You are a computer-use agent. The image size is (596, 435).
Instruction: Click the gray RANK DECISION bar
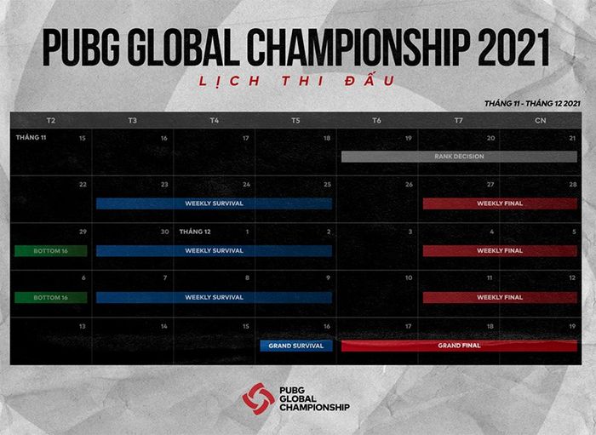click(x=459, y=157)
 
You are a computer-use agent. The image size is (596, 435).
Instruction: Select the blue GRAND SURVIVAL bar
click(x=296, y=346)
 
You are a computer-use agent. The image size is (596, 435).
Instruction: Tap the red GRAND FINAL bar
click(x=459, y=346)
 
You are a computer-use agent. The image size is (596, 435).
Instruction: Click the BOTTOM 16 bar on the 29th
click(x=50, y=251)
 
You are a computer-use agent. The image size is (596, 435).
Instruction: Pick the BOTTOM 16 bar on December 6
click(x=50, y=297)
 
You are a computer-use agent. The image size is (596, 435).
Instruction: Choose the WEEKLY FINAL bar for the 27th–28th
click(x=500, y=203)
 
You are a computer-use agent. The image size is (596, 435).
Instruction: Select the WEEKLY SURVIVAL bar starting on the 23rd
click(x=214, y=203)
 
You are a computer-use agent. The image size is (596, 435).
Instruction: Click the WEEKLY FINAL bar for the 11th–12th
click(x=500, y=297)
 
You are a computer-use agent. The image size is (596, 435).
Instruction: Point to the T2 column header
click(x=51, y=120)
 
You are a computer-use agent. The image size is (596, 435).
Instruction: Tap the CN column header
click(x=540, y=120)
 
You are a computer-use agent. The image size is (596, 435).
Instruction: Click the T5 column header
click(x=295, y=120)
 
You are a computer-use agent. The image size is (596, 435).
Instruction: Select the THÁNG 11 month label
click(x=31, y=138)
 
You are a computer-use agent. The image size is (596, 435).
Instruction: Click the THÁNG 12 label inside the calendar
click(x=195, y=232)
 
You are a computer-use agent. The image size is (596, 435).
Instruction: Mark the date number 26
click(x=409, y=185)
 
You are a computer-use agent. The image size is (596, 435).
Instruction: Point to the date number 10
click(x=409, y=278)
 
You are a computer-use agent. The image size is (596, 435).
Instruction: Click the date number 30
click(x=164, y=232)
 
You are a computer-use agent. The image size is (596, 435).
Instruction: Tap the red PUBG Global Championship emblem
click(x=259, y=398)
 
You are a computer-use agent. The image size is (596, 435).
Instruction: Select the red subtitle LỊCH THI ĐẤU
click(x=296, y=81)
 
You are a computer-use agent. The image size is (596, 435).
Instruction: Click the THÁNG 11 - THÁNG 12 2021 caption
click(x=532, y=103)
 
